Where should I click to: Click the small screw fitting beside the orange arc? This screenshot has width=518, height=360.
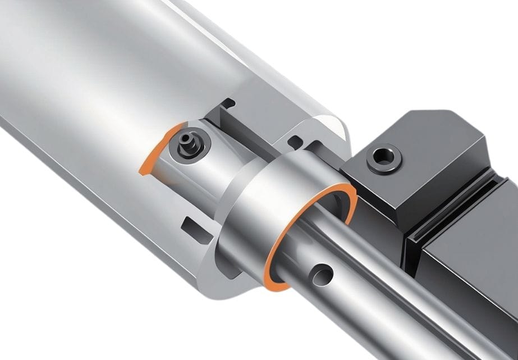[185, 145]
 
